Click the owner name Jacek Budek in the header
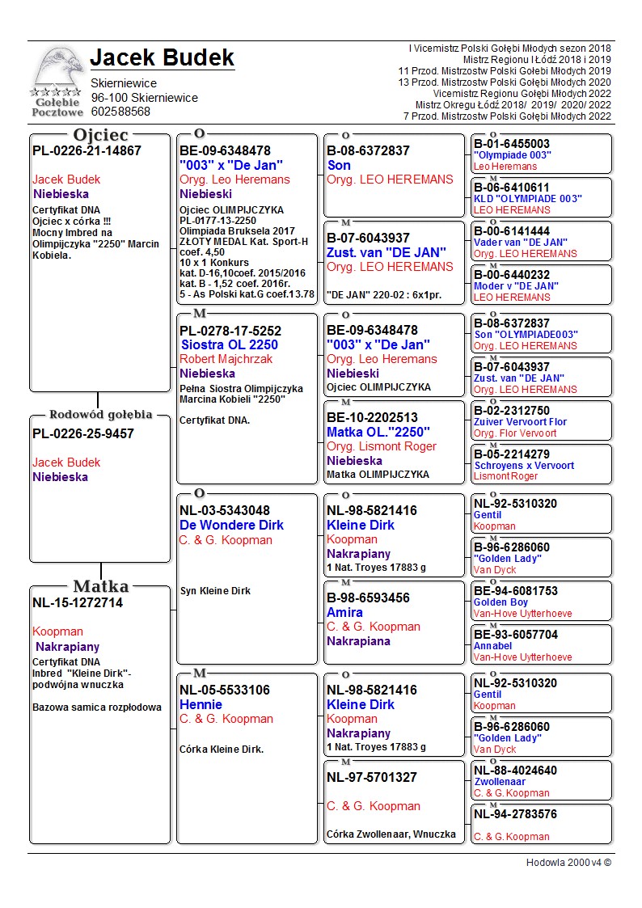click(x=162, y=58)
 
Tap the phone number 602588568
click(x=120, y=112)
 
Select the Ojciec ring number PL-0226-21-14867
click(x=87, y=150)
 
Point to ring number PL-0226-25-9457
click(x=83, y=433)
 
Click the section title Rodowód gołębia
click(x=100, y=415)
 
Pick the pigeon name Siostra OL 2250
click(x=229, y=344)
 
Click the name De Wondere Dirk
click(x=231, y=525)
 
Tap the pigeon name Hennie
click(x=201, y=704)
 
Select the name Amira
click(x=344, y=612)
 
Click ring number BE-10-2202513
click(x=372, y=417)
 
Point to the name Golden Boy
click(x=501, y=602)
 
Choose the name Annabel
click(x=492, y=646)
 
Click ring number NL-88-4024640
click(x=515, y=771)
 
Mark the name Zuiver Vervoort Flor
click(x=520, y=422)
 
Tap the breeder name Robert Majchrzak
click(x=226, y=359)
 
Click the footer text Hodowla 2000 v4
click(x=568, y=863)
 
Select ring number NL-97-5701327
click(x=372, y=777)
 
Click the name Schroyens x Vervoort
click(x=523, y=466)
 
